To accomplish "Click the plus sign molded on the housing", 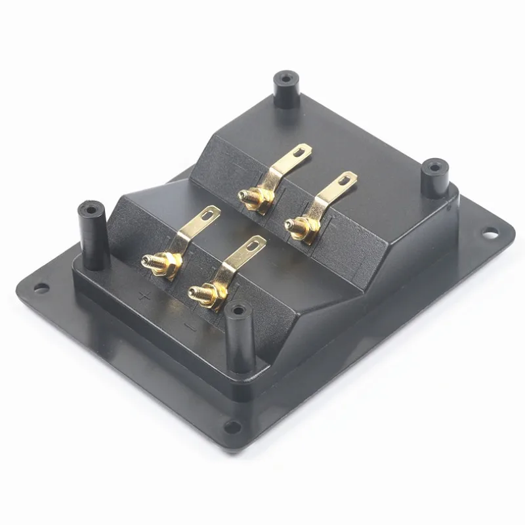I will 146,296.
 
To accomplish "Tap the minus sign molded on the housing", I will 189,325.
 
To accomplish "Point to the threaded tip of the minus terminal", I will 192,293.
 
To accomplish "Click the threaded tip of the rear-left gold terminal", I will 243,196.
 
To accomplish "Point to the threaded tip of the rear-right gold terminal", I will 288,225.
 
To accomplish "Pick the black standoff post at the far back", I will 285,90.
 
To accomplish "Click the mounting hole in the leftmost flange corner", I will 41,287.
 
